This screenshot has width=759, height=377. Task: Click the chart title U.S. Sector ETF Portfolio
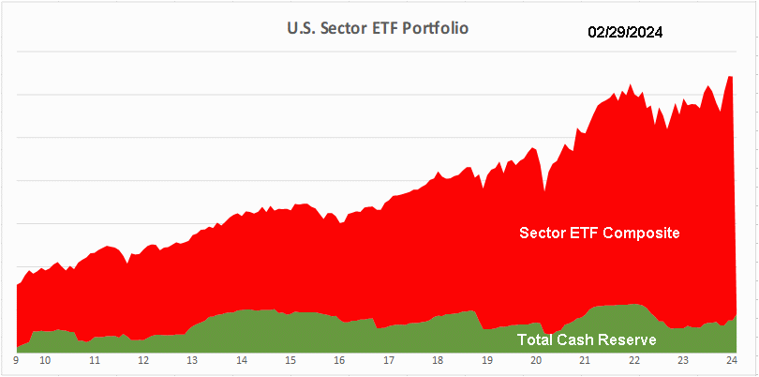pyautogui.click(x=378, y=28)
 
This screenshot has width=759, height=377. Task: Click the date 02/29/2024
pyautogui.click(x=626, y=32)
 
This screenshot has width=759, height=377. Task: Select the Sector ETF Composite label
pyautogui.click(x=599, y=233)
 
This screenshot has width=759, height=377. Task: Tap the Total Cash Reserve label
pyautogui.click(x=587, y=339)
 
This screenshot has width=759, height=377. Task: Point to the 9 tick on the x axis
pyautogui.click(x=17, y=360)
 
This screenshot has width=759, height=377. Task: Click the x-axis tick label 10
pyautogui.click(x=45, y=360)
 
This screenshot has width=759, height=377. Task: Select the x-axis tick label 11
pyautogui.click(x=95, y=360)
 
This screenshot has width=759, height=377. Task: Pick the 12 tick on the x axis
pyautogui.click(x=142, y=360)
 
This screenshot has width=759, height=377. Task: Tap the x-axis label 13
pyautogui.click(x=191, y=360)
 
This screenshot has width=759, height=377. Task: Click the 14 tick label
pyautogui.click(x=241, y=360)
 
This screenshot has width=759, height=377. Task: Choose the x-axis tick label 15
pyautogui.click(x=290, y=360)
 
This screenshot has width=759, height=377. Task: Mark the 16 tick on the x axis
pyautogui.click(x=340, y=360)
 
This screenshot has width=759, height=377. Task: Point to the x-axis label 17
pyautogui.click(x=389, y=360)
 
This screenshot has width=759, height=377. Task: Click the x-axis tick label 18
pyautogui.click(x=438, y=360)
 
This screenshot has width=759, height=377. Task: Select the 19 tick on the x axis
pyautogui.click(x=486, y=360)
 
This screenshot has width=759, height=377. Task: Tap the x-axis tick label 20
pyautogui.click(x=536, y=360)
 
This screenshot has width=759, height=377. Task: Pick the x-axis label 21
pyautogui.click(x=585, y=360)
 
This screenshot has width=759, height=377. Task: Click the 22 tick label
pyautogui.click(x=633, y=360)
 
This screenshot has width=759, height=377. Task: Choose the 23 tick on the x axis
pyautogui.click(x=683, y=360)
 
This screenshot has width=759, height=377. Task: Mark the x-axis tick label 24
pyautogui.click(x=732, y=360)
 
